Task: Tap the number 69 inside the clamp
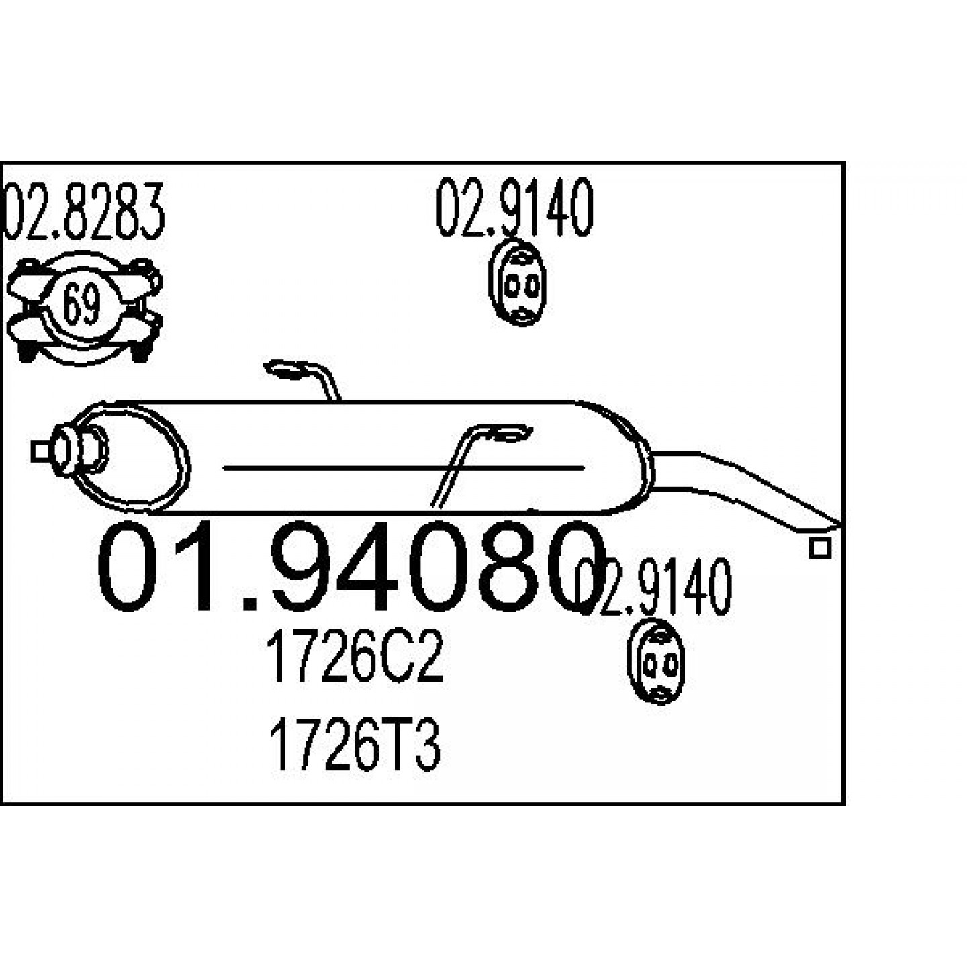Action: (82, 305)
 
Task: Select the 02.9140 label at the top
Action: (515, 207)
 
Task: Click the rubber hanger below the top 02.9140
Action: (517, 283)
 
